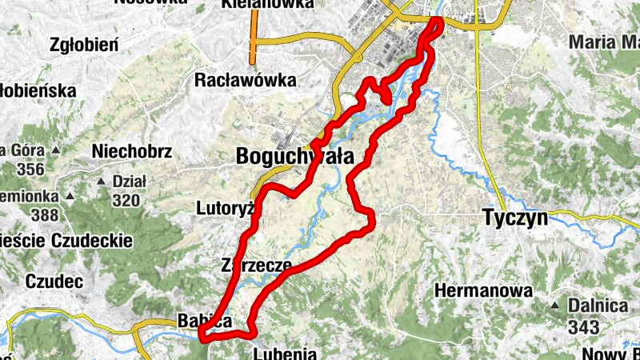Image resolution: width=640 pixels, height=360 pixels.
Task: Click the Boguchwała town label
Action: (295, 158)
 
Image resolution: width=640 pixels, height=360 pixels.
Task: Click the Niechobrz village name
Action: (132, 150)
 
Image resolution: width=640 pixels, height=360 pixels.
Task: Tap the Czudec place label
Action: (54, 282)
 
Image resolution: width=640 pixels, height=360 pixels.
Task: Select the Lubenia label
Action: (285, 353)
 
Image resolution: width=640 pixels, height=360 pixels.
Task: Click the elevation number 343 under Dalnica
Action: (586, 326)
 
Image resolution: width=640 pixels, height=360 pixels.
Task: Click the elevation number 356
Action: (30, 169)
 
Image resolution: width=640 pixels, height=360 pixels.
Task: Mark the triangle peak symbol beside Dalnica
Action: (555, 306)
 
